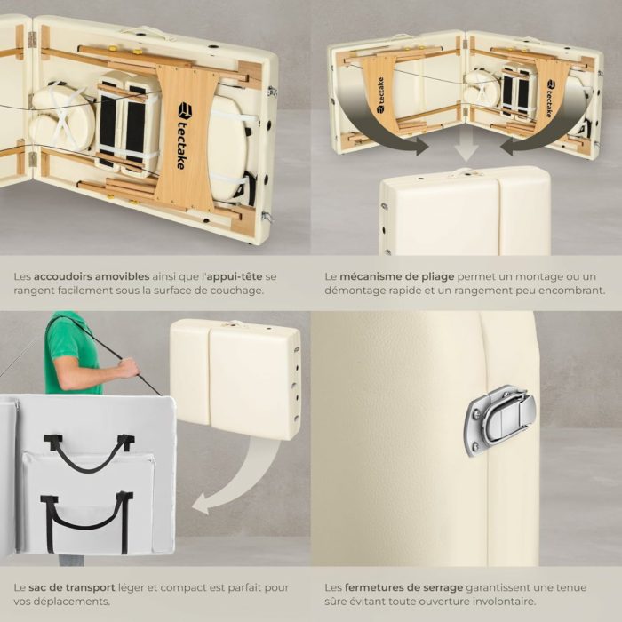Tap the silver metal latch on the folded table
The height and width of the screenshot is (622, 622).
[500, 420]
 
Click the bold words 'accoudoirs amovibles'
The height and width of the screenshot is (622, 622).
[92, 276]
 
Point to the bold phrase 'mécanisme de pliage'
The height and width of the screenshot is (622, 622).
[396, 277]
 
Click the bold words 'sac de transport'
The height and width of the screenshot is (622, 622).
[72, 587]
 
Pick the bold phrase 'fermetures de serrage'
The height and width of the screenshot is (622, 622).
[403, 587]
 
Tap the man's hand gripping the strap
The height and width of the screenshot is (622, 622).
[130, 368]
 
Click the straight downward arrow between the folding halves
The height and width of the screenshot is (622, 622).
[466, 146]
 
